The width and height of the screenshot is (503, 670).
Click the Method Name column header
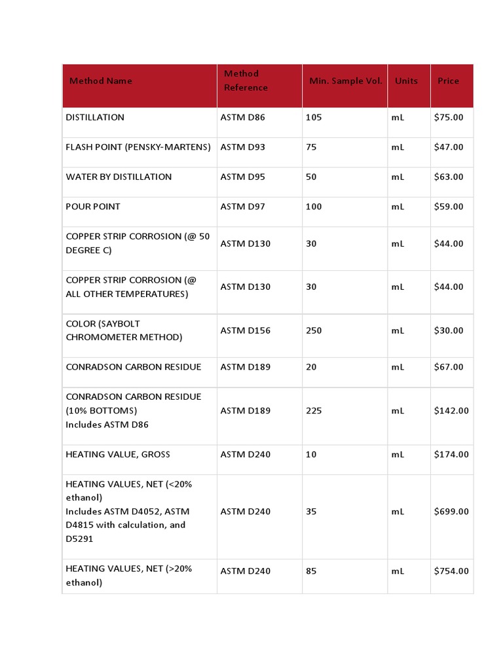click(x=100, y=81)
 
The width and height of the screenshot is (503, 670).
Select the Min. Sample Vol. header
click(x=345, y=81)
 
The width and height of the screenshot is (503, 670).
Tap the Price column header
click(x=449, y=81)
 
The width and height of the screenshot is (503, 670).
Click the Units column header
click(x=406, y=81)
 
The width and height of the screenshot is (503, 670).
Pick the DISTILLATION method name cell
click(x=95, y=118)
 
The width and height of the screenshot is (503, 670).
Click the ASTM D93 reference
click(x=243, y=147)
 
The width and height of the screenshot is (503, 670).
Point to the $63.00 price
click(x=449, y=177)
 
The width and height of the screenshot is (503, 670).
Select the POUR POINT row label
click(x=93, y=207)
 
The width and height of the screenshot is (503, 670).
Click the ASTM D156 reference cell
click(x=246, y=330)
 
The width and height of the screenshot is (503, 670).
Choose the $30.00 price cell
click(x=449, y=330)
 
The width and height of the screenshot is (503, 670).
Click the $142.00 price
click(x=451, y=411)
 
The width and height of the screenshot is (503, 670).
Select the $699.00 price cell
click(x=451, y=512)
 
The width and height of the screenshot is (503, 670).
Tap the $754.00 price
click(x=451, y=571)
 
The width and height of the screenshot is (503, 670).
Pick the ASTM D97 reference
click(x=243, y=207)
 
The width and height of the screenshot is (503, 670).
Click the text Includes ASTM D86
click(x=107, y=425)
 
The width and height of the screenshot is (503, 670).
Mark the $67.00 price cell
click(x=449, y=367)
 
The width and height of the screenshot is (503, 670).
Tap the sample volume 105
click(x=314, y=118)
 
